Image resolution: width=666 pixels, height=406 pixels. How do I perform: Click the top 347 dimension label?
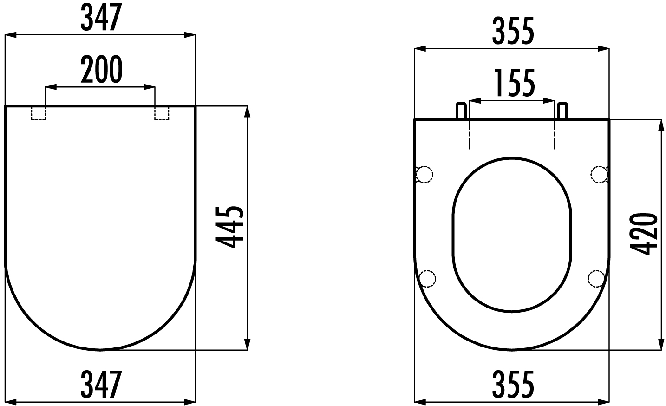click(100, 18)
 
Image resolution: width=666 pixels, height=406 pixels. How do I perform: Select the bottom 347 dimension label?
click(100, 384)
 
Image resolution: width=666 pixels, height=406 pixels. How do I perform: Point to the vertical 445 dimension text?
click(229, 228)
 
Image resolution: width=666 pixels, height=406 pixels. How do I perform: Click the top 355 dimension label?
click(513, 32)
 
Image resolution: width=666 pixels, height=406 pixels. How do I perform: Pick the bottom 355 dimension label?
click(513, 384)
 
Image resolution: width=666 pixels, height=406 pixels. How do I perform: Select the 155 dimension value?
click(514, 84)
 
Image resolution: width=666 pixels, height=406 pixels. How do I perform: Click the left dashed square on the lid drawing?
click(39, 113)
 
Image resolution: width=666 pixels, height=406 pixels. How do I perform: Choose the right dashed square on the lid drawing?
click(162, 113)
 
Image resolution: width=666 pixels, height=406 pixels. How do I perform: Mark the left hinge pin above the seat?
click(461, 111)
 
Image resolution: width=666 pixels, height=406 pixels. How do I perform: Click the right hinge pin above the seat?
click(562, 111)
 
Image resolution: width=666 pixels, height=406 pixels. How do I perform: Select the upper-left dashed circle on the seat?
click(424, 174)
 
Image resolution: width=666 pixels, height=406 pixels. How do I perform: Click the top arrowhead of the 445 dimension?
click(247, 112)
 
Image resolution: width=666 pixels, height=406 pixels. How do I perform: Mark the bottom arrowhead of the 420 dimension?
click(661, 344)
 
